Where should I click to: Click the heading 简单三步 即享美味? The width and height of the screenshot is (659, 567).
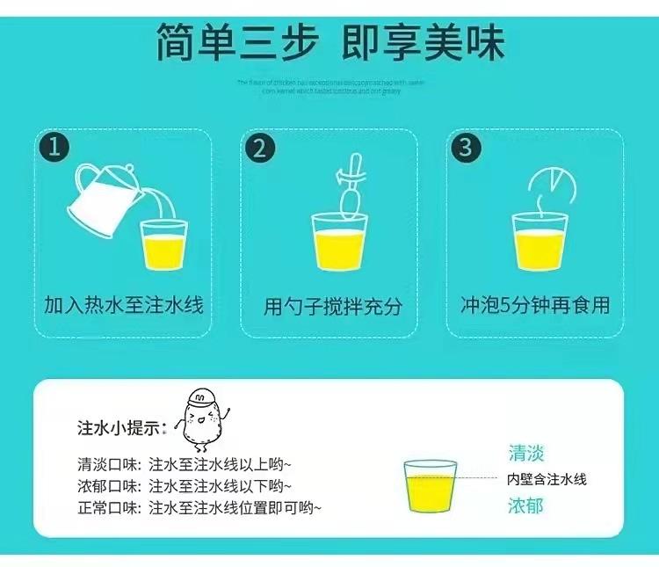tap(329, 41)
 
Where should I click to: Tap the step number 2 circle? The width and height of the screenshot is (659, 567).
tap(258, 147)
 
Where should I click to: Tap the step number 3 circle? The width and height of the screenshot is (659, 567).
tap(466, 147)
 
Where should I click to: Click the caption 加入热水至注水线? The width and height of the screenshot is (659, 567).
tap(124, 306)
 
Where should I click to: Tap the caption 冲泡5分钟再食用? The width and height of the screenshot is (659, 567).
tap(535, 306)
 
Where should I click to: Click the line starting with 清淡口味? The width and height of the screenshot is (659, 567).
tap(184, 464)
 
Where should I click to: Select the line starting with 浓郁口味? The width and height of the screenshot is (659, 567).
tap(184, 486)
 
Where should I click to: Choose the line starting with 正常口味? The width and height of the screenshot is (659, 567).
tap(199, 508)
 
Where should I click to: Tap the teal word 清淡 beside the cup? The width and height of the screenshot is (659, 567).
tap(525, 454)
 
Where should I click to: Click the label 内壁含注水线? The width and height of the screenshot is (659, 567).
tap(546, 480)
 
